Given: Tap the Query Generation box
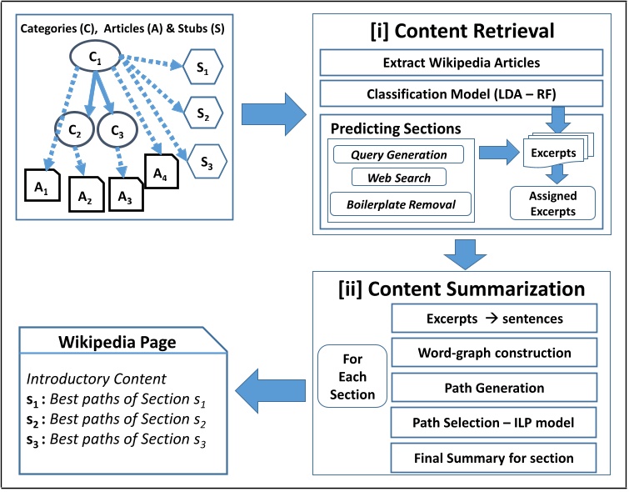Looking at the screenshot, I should click(x=397, y=154).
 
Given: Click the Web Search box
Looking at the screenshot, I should click(x=397, y=178).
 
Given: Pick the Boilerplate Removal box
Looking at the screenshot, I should click(x=397, y=203).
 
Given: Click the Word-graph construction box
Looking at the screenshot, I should click(x=494, y=353).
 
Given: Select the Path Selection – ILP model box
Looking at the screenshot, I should click(x=494, y=423).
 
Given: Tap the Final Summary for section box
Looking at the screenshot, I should click(x=494, y=458).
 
